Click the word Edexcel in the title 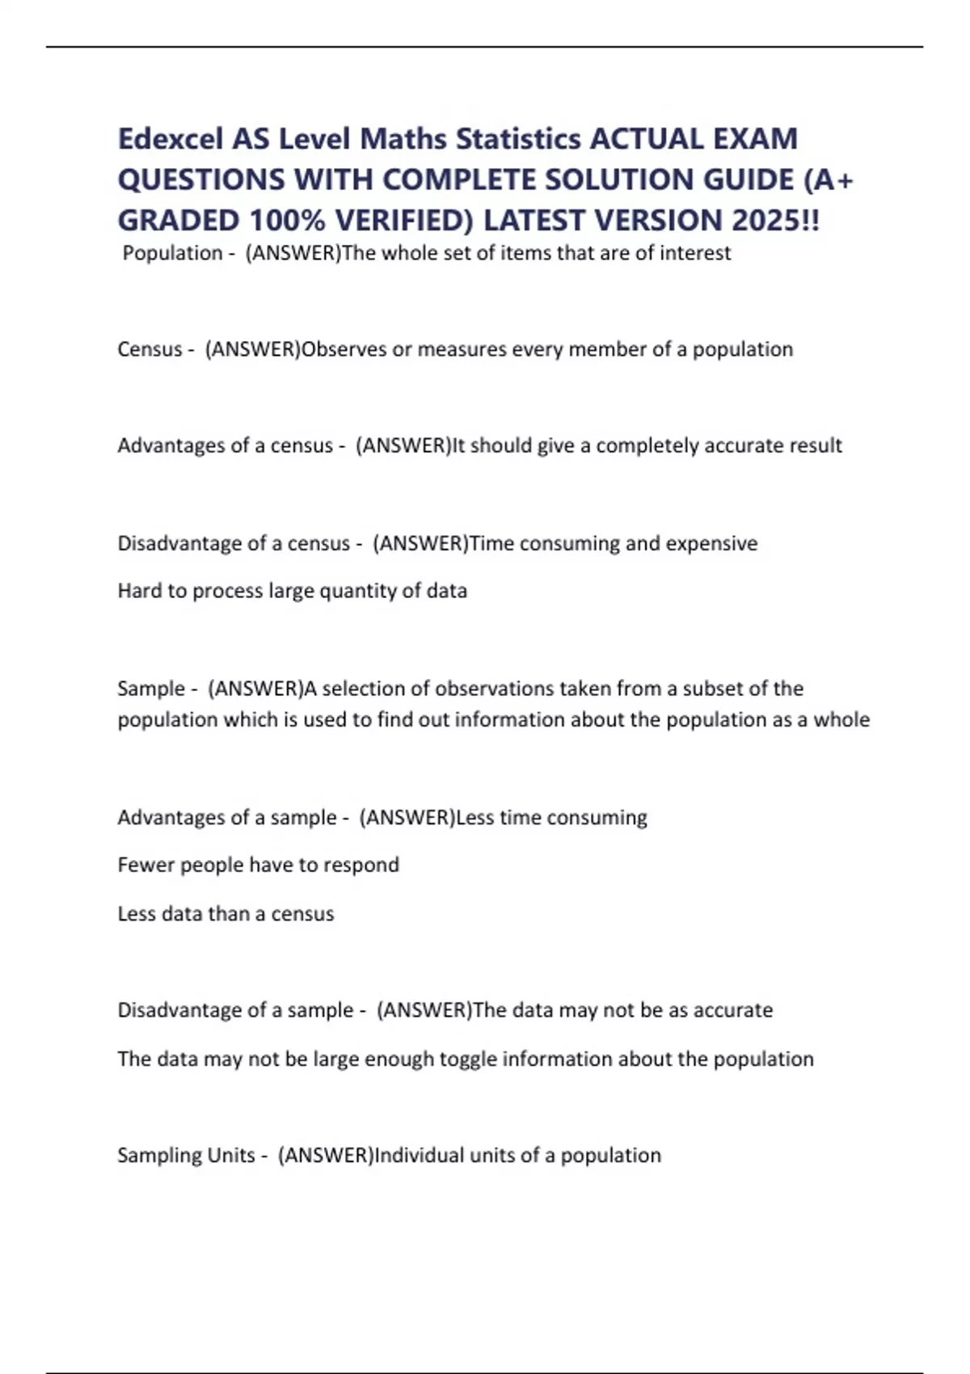(x=170, y=139)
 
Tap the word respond (x=361, y=865)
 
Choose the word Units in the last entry (x=231, y=1155)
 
